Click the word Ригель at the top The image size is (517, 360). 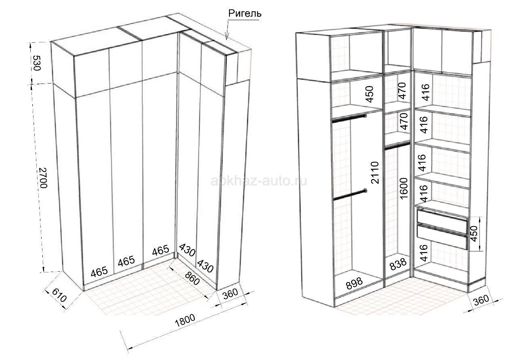click(245, 13)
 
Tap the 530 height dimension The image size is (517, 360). click(37, 63)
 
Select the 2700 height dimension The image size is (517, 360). click(43, 178)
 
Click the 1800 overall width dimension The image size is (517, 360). click(185, 320)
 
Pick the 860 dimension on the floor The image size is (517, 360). click(192, 278)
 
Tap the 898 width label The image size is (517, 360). click(354, 283)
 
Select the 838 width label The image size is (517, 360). click(398, 264)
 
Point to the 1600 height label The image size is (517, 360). click(404, 188)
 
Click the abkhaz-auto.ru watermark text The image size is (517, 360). click(259, 181)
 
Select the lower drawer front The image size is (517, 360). click(442, 236)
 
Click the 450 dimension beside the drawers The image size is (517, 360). click(473, 234)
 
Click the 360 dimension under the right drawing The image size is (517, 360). click(481, 300)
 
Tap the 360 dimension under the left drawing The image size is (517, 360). click(231, 293)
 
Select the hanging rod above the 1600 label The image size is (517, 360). click(397, 146)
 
